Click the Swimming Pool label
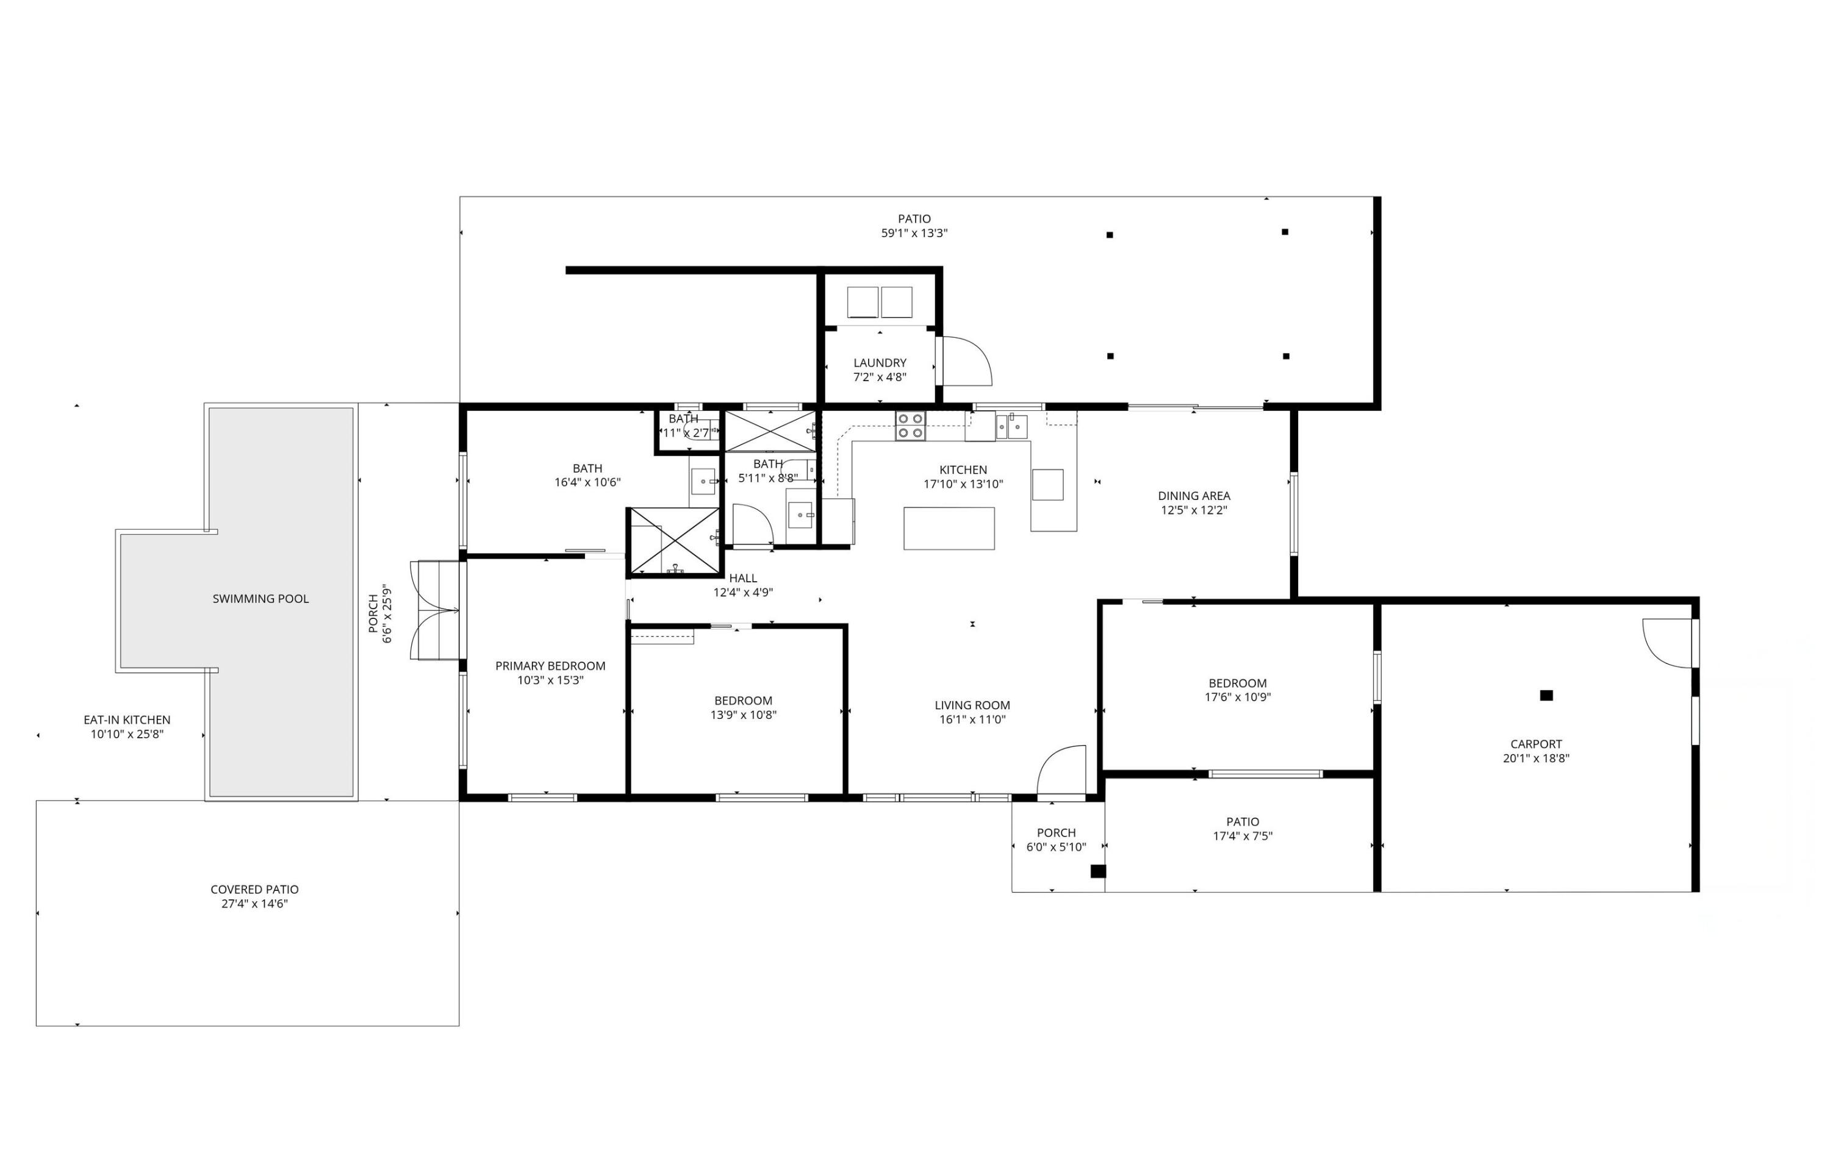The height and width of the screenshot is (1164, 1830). [260, 599]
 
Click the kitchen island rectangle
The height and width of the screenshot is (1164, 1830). [949, 528]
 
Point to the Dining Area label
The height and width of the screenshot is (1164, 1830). [1193, 496]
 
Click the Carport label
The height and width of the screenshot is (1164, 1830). [1536, 744]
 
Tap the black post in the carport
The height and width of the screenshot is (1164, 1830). [1546, 695]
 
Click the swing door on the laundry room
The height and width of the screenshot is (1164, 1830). [964, 361]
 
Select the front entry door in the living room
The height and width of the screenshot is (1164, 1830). [1061, 771]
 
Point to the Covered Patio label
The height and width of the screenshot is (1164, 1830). [254, 889]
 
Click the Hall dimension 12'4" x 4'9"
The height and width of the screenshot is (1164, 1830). [742, 593]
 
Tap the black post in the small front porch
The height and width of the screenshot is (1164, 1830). [1097, 871]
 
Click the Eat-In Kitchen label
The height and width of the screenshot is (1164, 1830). [127, 719]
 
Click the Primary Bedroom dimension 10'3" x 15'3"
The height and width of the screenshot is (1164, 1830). [550, 680]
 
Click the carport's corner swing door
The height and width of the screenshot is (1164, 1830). [1667, 642]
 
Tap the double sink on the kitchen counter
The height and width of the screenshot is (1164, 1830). [1011, 427]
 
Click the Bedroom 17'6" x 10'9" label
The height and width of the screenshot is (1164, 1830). [1237, 683]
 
